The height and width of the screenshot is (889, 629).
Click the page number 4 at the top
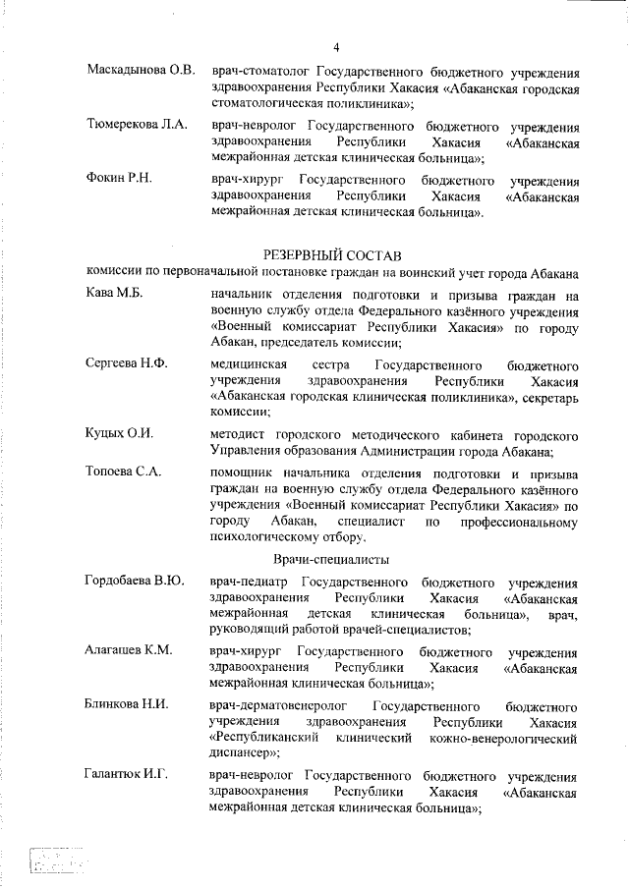coord(336,46)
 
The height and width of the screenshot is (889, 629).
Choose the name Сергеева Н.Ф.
coord(127,363)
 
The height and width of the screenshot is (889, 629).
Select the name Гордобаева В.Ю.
coord(136,582)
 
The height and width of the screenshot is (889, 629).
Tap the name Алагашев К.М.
coord(129,651)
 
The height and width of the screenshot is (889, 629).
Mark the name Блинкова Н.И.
coord(128,705)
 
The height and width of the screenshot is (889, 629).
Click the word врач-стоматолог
coord(253,72)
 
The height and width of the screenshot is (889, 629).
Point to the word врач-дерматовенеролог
coord(277,705)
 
